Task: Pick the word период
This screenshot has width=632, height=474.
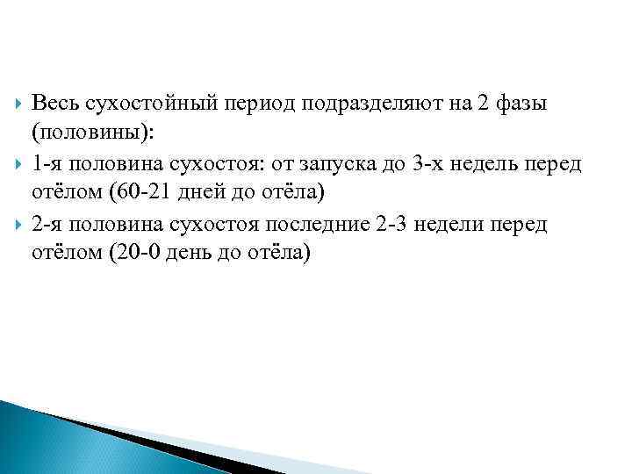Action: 255,104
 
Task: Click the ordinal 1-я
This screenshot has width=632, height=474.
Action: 47,164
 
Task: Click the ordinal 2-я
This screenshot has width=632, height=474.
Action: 47,225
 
